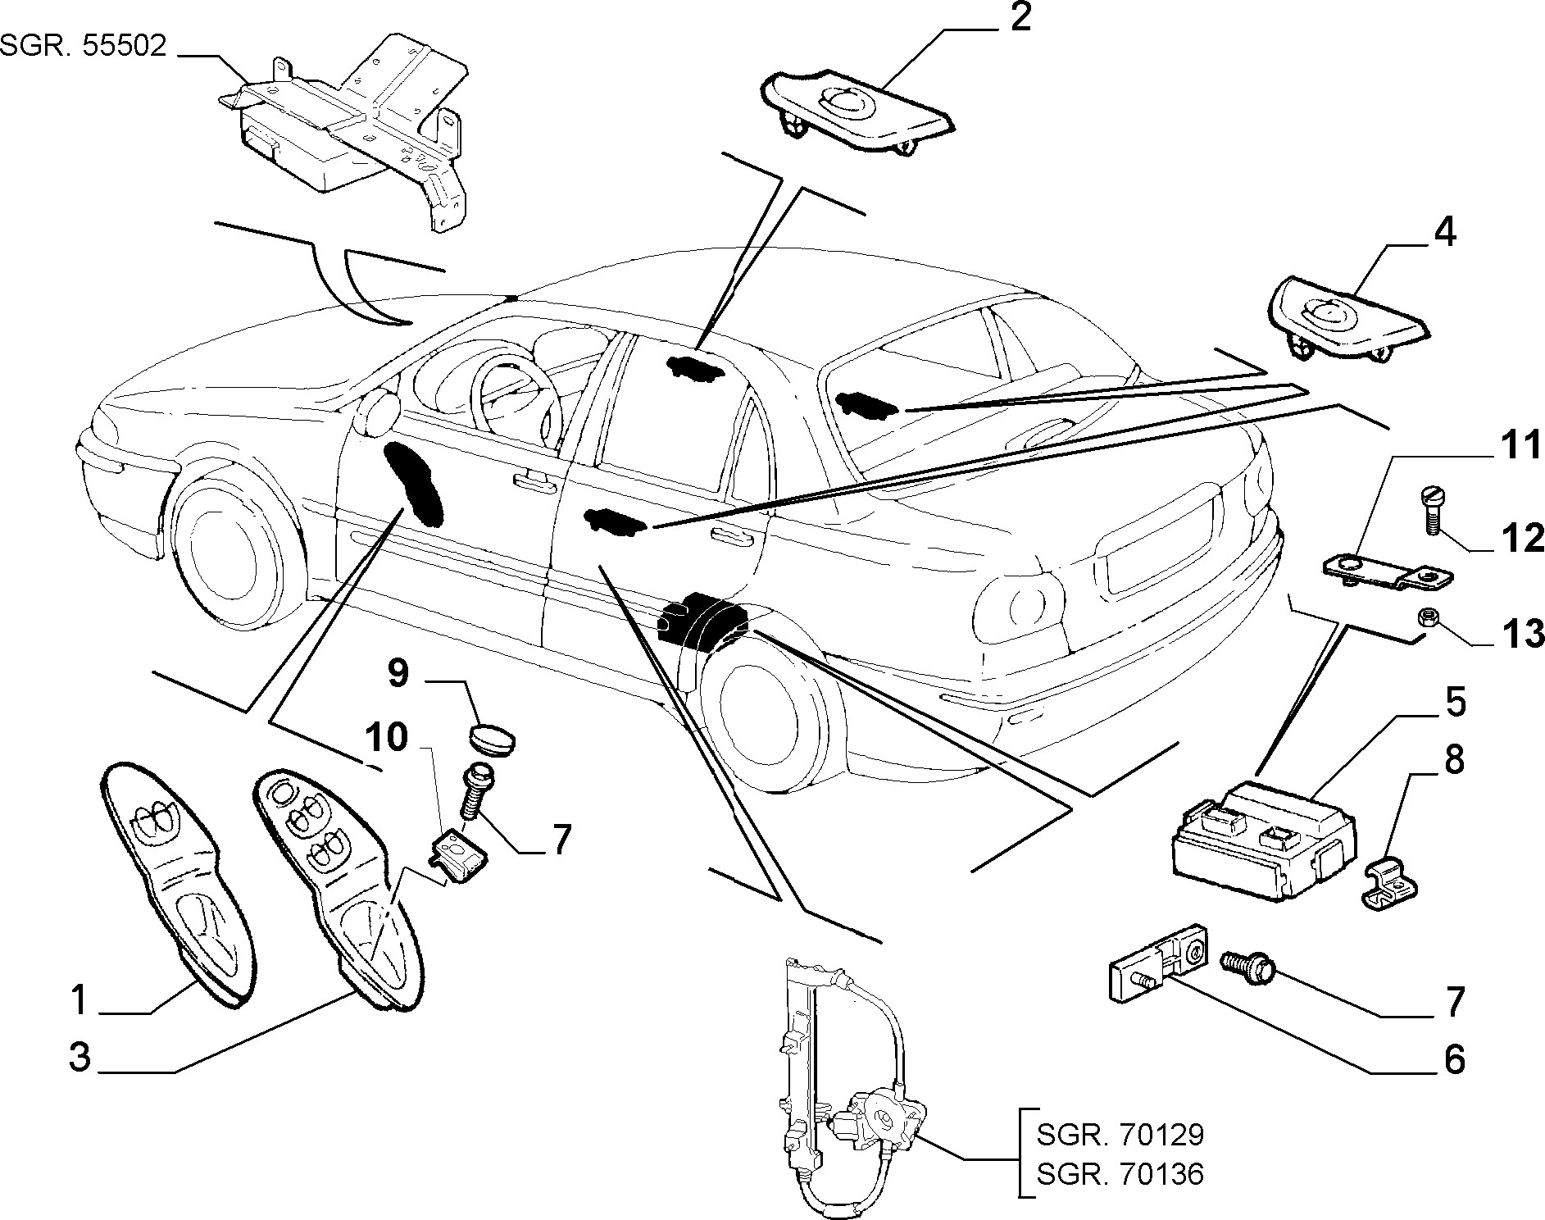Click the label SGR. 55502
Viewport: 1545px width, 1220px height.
[x=84, y=45]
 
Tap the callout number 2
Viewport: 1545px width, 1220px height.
[x=1020, y=18]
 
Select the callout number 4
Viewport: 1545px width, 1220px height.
[x=1445, y=233]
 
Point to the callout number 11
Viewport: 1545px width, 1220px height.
[x=1521, y=447]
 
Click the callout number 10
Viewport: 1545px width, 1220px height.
[x=386, y=738]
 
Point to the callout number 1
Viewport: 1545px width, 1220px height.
[x=79, y=999]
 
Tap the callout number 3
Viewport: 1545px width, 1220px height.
[x=80, y=1057]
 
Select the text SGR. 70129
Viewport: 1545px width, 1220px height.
[x=1120, y=1135]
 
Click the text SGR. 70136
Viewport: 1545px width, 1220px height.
[x=1120, y=1174]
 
